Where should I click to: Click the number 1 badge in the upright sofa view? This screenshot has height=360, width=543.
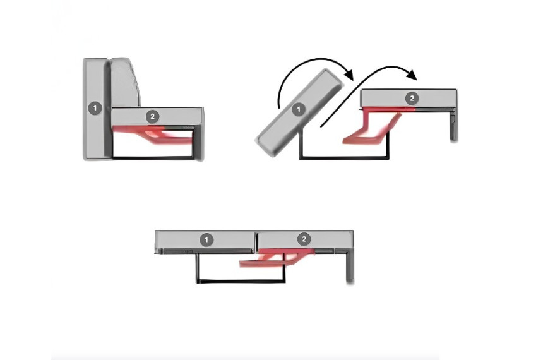click(x=95, y=109)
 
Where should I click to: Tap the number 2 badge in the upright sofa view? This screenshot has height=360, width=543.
click(x=152, y=117)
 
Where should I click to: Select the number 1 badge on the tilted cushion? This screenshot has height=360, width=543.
click(x=298, y=110)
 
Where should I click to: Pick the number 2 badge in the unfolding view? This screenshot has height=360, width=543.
click(x=412, y=99)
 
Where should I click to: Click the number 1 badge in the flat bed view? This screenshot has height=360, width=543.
click(x=206, y=239)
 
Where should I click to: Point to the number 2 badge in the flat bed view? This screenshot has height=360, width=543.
click(x=304, y=239)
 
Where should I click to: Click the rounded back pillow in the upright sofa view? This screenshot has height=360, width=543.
click(x=126, y=83)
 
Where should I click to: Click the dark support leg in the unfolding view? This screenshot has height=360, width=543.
click(x=453, y=126)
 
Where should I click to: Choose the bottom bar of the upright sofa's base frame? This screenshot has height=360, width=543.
click(x=153, y=158)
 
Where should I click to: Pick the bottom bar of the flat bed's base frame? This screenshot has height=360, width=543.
click(x=241, y=281)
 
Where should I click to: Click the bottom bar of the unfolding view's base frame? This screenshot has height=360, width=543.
click(x=344, y=158)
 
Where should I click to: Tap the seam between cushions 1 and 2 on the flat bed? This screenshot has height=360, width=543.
click(x=256, y=240)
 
